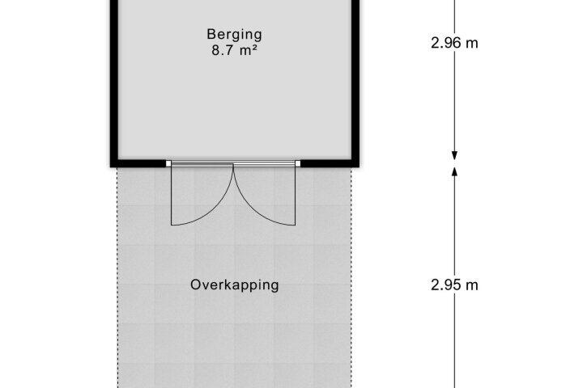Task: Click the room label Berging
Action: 234,35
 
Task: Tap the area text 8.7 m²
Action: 234,50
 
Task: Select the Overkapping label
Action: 234,285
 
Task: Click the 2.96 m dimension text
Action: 454,43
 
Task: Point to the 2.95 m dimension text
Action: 454,285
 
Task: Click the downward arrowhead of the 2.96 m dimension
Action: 454,155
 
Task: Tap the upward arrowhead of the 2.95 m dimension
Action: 454,171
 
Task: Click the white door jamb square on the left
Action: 168,164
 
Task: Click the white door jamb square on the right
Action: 297,164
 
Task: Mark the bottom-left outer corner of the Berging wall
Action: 110,167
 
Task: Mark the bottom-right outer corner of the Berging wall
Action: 360,167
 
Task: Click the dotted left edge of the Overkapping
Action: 117,278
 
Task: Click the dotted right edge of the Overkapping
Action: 351,278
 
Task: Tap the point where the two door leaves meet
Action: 233,164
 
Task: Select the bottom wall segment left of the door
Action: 138,163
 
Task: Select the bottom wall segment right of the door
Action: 330,163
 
